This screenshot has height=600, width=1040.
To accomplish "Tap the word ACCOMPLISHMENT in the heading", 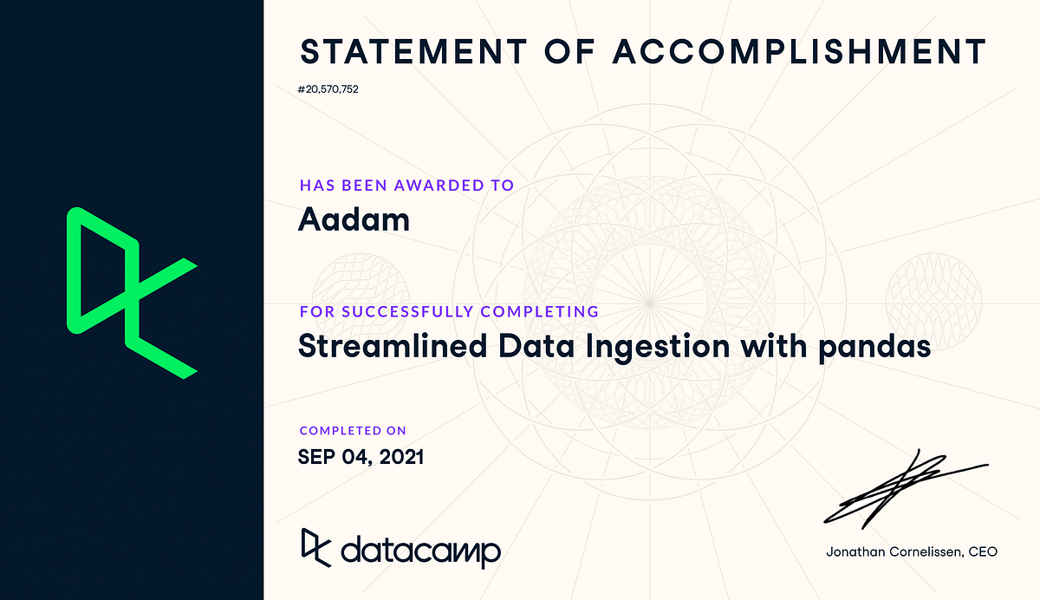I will point(799,52).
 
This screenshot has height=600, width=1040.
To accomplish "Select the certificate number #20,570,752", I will point(328,89).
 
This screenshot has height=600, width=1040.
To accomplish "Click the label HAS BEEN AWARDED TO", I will point(406,185).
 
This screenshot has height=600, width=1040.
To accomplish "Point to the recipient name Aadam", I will point(354,219).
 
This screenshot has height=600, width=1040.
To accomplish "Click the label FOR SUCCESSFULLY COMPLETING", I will point(449,311).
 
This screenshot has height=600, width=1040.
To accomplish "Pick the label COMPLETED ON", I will point(353,431).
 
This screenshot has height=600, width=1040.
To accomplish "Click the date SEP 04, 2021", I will point(361,456).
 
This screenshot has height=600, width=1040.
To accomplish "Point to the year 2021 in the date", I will point(401,456).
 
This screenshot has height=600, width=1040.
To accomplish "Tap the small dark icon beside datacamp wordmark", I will point(316,546).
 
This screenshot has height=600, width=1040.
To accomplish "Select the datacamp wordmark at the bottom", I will point(420,550).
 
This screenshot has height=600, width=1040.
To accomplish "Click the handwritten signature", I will point(901,486).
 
